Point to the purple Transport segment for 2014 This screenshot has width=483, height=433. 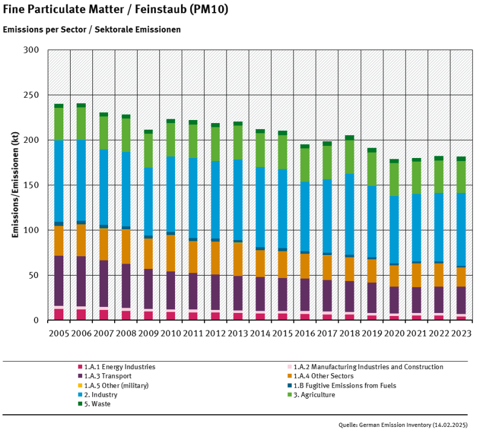260,294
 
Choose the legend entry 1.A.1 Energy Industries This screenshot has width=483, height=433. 119,367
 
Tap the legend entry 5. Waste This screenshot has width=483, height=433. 97,403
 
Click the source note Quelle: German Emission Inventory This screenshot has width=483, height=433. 403,425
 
